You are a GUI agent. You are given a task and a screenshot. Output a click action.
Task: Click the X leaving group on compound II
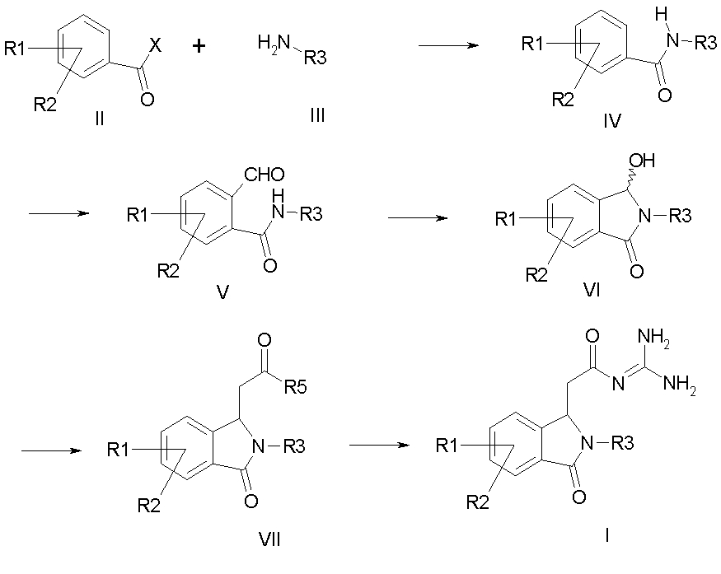(162, 49)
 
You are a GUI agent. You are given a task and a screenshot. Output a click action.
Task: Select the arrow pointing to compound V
(59, 214)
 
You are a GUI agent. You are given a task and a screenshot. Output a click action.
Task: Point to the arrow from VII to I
(380, 445)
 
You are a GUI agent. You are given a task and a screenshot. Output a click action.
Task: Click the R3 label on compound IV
(705, 43)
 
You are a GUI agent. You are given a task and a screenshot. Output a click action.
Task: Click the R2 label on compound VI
(537, 274)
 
